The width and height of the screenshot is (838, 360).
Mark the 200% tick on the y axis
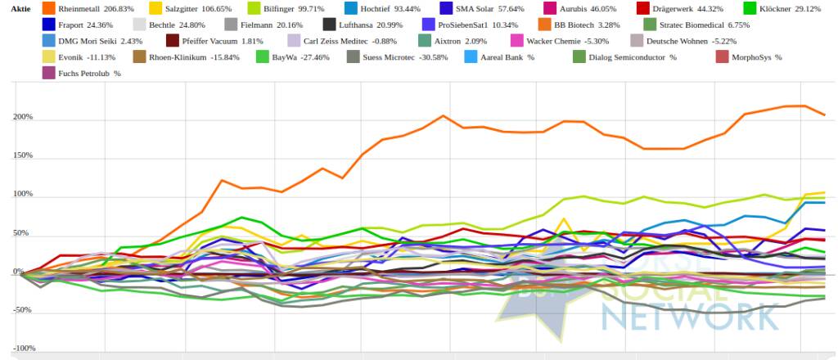23,117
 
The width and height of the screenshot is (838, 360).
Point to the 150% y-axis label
23,155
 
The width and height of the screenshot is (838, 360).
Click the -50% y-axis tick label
23,311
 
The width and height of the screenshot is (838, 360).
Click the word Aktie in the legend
20,8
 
